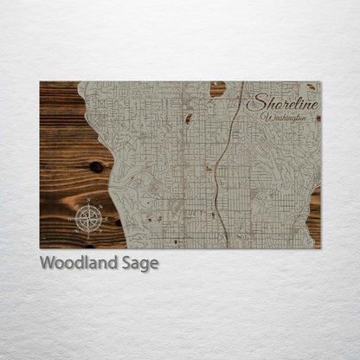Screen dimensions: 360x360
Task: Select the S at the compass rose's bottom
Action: tap(88, 234)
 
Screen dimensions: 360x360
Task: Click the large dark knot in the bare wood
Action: tap(95, 166)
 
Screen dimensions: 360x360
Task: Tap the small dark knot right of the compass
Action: tap(118, 222)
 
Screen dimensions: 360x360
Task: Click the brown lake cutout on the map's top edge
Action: tap(217, 88)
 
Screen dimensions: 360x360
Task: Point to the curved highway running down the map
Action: tap(222, 164)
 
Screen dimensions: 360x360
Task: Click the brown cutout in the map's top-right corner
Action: tap(311, 86)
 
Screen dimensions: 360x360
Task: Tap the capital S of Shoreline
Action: tap(253, 103)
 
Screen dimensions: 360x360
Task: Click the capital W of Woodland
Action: tap(47, 263)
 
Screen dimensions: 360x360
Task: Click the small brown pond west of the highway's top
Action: tap(188, 119)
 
